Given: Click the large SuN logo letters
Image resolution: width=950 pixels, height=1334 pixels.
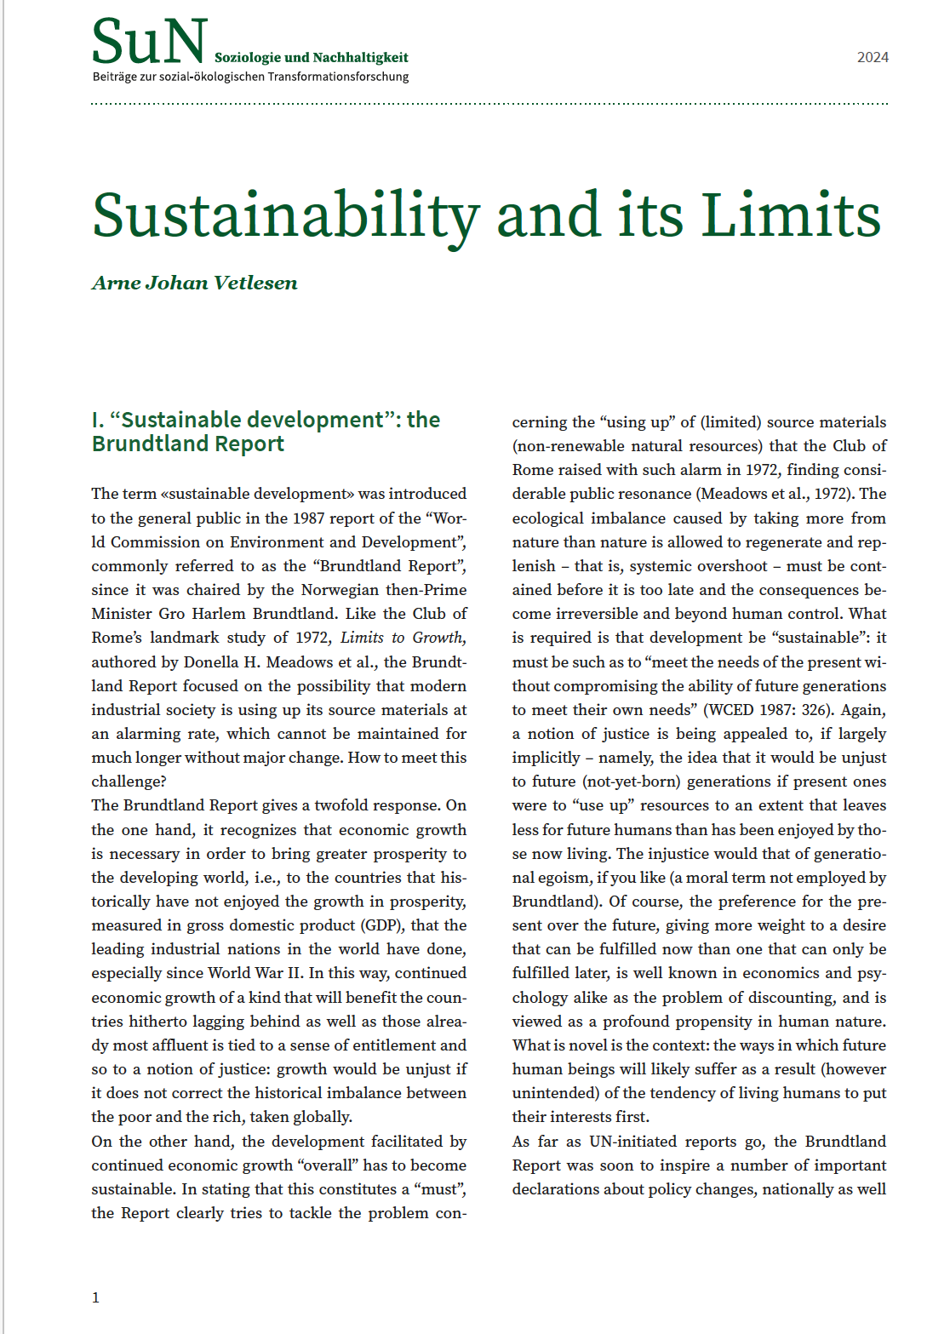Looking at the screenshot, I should [x=149, y=43].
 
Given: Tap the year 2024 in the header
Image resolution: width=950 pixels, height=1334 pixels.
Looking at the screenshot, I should [x=873, y=58].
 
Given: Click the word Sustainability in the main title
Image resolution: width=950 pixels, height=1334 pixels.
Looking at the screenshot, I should [x=285, y=215].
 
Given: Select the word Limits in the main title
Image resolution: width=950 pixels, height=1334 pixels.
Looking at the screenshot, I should [x=791, y=215].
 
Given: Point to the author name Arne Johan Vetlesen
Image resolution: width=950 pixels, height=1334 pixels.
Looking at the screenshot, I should [x=195, y=283].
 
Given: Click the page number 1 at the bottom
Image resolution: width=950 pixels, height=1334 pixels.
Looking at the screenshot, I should [x=95, y=1297].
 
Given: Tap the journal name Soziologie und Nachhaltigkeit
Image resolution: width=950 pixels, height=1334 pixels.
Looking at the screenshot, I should [x=311, y=58].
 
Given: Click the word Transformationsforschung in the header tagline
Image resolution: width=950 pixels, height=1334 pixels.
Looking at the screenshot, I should [x=338, y=77].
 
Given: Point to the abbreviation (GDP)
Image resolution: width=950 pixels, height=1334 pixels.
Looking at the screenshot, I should [x=380, y=925].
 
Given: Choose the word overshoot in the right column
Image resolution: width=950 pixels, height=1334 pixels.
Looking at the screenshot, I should [x=730, y=566].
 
